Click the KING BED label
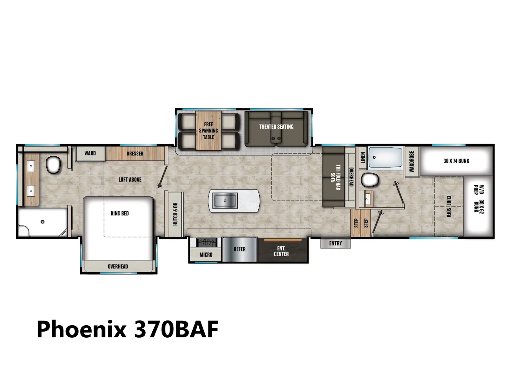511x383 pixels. (x=120, y=213)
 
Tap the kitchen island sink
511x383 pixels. (x=225, y=200)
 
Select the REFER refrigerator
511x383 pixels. (x=240, y=250)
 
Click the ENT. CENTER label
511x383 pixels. (x=281, y=251)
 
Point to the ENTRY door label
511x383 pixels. (x=335, y=243)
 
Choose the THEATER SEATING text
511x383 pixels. (x=276, y=127)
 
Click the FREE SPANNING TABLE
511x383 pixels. (x=208, y=131)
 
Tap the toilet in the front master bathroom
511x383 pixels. (x=53, y=165)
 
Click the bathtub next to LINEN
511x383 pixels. (x=385, y=157)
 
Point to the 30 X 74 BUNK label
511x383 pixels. (x=456, y=161)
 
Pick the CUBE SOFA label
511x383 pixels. (x=449, y=207)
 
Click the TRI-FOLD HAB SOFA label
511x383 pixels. (x=336, y=177)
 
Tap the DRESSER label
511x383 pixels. (x=135, y=154)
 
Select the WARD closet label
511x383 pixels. (x=90, y=153)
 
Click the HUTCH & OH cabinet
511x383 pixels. (x=175, y=214)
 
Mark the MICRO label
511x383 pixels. (x=206, y=255)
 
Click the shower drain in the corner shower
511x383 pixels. (x=42, y=222)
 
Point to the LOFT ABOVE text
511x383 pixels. (x=130, y=179)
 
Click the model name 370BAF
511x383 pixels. (x=176, y=329)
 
